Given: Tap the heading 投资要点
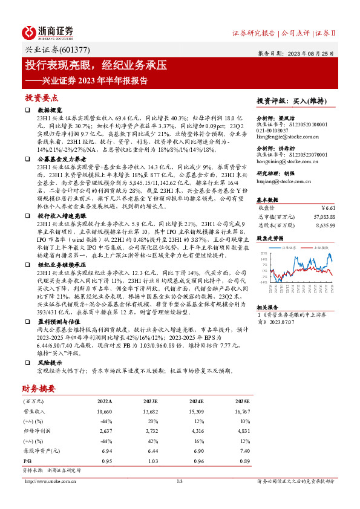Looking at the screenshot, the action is point(41,98).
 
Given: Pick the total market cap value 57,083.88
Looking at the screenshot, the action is point(322,215).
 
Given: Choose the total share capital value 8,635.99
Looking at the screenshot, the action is point(325,225).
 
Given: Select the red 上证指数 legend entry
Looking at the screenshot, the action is point(319,248).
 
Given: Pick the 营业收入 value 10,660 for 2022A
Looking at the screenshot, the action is point(104,411).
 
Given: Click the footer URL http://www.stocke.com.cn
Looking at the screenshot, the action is point(50,481).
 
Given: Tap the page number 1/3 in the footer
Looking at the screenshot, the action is point(179,481).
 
